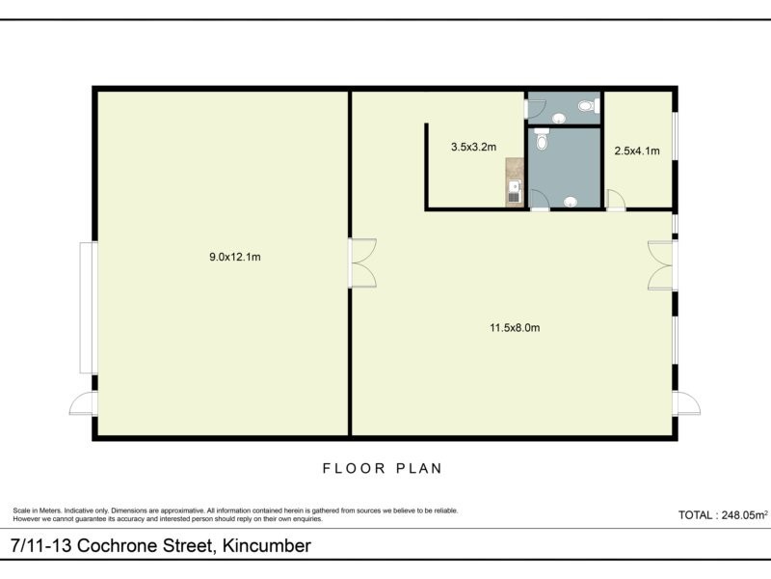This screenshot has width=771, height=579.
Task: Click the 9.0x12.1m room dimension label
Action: click(235, 257)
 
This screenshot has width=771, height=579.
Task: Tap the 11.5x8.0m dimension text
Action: click(514, 328)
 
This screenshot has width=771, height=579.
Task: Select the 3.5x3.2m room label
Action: click(473, 148)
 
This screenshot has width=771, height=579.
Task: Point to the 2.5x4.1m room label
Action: click(637, 151)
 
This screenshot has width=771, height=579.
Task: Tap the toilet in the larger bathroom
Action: click(542, 142)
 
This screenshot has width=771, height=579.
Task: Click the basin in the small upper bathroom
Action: click(558, 119)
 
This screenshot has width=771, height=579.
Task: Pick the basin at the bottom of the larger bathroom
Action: click(572, 203)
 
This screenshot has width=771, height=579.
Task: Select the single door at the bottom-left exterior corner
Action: click(83, 403)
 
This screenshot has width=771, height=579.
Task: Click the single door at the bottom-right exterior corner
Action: click(686, 403)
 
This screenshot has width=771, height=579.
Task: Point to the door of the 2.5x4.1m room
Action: click(615, 201)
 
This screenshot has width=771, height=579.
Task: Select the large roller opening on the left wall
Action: click(87, 307)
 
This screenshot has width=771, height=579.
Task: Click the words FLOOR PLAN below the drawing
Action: click(382, 469)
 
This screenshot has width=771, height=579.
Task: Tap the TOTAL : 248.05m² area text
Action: click(723, 515)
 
